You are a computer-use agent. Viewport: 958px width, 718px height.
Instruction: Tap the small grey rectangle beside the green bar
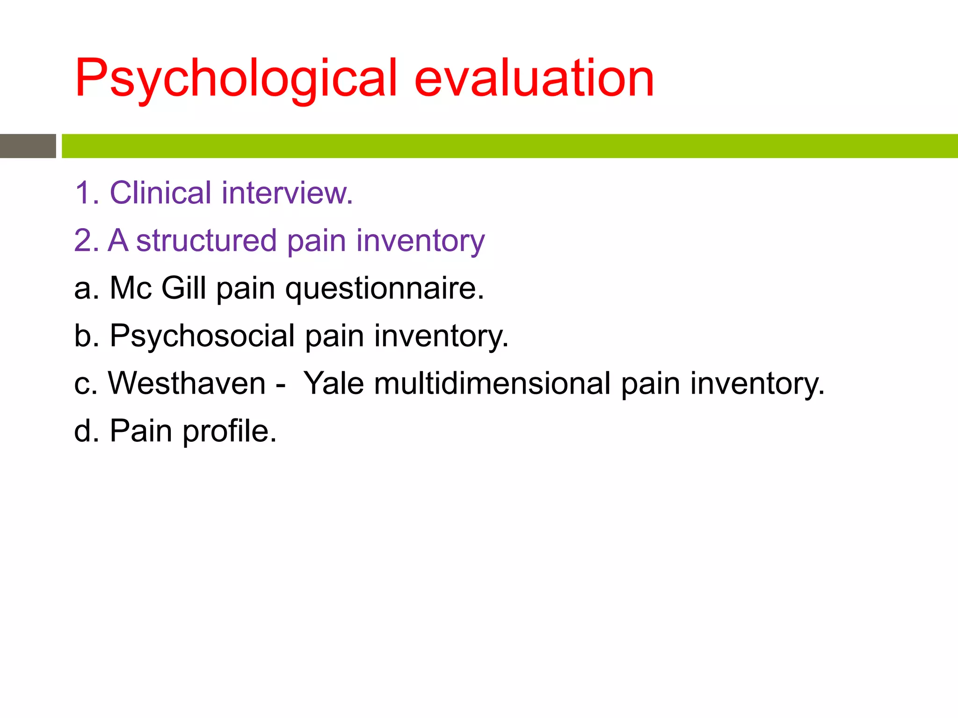point(28,146)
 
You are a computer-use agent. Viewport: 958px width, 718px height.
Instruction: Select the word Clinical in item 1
point(160,193)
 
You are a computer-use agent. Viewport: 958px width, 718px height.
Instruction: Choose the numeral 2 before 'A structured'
point(83,241)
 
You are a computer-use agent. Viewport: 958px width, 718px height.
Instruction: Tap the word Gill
point(183,288)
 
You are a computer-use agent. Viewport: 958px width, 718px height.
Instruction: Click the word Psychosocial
point(202,336)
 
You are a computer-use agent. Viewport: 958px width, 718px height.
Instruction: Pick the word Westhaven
point(187,383)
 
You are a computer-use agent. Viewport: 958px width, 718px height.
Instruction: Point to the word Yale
point(334,383)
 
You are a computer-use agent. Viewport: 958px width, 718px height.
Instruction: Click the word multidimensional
point(492,383)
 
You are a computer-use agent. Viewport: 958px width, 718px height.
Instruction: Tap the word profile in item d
point(229,431)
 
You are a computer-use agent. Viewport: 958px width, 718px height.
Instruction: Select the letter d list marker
point(83,431)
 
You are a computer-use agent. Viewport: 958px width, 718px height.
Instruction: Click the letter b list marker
point(83,336)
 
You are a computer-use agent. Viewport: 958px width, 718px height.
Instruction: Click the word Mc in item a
point(131,288)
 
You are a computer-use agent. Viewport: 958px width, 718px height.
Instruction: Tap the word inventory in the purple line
point(420,241)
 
